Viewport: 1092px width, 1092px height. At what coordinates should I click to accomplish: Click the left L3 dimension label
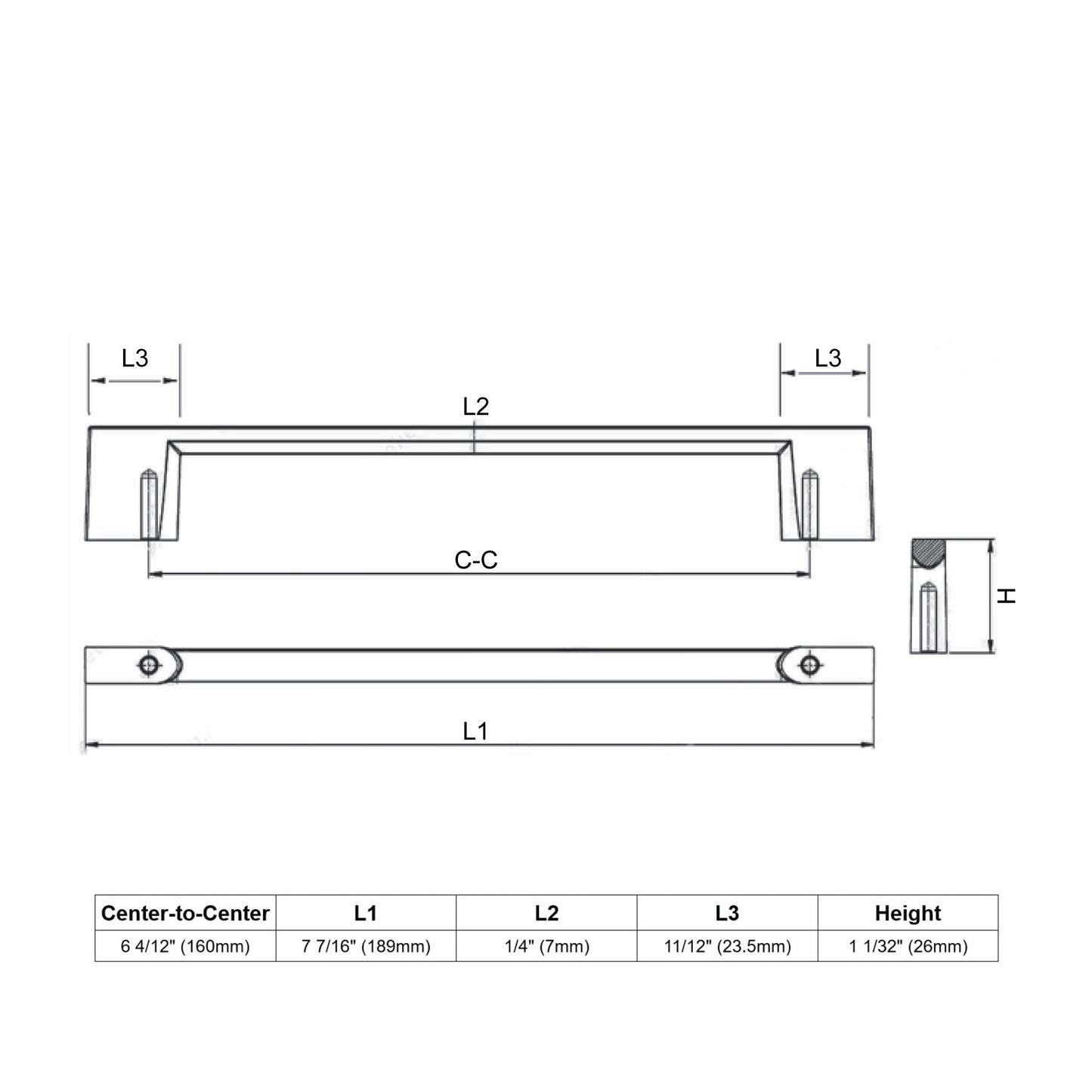(x=135, y=358)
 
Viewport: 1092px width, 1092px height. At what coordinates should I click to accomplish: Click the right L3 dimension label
(x=828, y=358)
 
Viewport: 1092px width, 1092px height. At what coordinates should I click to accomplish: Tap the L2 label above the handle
(x=475, y=407)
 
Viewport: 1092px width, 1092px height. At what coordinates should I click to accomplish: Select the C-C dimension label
(x=475, y=560)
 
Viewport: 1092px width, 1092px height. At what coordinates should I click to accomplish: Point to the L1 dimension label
(x=475, y=732)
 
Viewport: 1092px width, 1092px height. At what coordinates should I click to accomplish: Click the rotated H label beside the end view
(x=1007, y=595)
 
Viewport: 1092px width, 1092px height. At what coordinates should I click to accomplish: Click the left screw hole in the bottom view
(x=148, y=665)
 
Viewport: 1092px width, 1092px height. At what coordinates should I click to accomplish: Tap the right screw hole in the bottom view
(x=810, y=665)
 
